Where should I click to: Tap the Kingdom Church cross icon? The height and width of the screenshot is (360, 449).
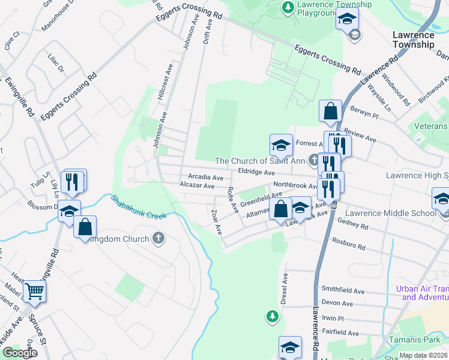[158, 239]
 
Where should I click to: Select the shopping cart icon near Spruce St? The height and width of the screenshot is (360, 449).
[34, 292]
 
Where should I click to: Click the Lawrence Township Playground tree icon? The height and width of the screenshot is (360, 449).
[288, 7]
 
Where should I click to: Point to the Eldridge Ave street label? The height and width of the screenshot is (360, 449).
[256, 172]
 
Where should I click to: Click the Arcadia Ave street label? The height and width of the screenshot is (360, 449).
[206, 178]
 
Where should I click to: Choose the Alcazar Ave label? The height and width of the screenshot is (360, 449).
[197, 186]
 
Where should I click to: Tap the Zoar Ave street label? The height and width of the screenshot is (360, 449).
[217, 221]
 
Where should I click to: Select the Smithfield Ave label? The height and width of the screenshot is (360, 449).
[343, 291]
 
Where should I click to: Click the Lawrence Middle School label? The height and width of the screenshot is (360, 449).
[382, 214]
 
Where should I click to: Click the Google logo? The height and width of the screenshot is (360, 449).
[20, 353]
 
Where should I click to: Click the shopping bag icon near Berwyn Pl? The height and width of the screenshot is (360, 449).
[330, 110]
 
